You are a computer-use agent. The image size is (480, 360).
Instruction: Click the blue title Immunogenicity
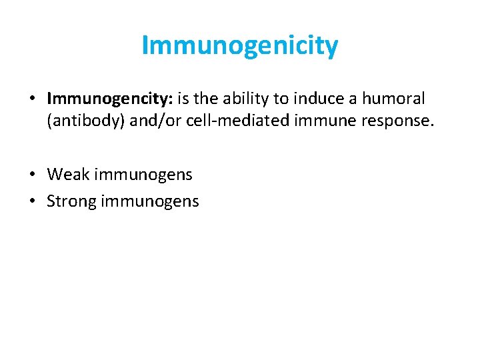pyautogui.click(x=240, y=45)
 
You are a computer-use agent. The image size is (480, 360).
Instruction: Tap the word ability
pyautogui.click(x=241, y=99)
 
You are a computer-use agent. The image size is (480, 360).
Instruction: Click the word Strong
pyautogui.click(x=71, y=201)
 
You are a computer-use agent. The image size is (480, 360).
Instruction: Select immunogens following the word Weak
pyautogui.click(x=143, y=175)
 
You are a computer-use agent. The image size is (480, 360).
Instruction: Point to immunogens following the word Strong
pyautogui.click(x=150, y=201)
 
